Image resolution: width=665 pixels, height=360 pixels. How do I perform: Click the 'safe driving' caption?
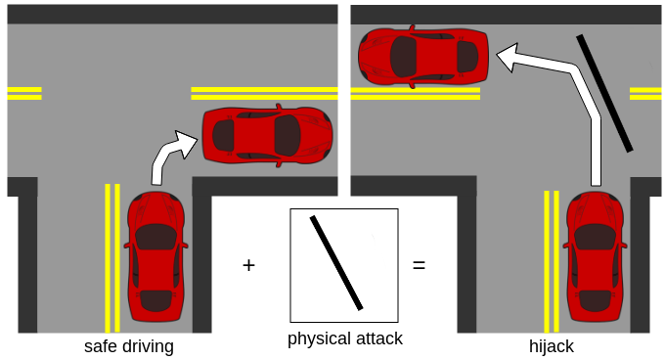(x=129, y=346)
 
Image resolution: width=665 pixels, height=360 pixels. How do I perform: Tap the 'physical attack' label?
(x=345, y=338)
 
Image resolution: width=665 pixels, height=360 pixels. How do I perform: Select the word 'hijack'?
(x=552, y=346)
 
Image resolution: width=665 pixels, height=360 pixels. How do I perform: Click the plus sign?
(x=249, y=265)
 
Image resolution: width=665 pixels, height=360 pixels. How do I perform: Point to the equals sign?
(x=419, y=265)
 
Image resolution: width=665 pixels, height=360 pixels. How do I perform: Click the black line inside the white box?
(x=336, y=263)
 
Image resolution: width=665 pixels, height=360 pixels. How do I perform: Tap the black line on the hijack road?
(x=604, y=93)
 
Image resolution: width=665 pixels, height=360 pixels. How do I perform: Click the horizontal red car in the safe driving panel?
(x=267, y=135)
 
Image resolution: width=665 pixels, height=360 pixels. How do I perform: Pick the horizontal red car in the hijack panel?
(x=423, y=57)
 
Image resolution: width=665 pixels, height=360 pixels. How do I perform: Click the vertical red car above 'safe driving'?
(x=156, y=256)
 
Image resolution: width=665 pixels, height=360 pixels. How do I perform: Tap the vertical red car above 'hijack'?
(x=595, y=256)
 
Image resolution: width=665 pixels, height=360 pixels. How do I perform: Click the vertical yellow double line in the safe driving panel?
(x=112, y=258)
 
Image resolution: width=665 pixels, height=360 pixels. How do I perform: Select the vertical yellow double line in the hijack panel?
(x=552, y=261)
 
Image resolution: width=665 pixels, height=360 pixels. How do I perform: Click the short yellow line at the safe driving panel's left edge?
(x=24, y=93)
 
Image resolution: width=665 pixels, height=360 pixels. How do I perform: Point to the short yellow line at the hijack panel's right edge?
(x=645, y=93)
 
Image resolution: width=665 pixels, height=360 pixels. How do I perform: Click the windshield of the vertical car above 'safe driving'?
(x=156, y=237)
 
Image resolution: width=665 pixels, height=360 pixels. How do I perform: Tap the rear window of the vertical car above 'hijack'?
(x=595, y=300)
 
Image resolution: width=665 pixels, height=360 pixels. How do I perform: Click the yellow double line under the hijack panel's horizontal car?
(x=416, y=93)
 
